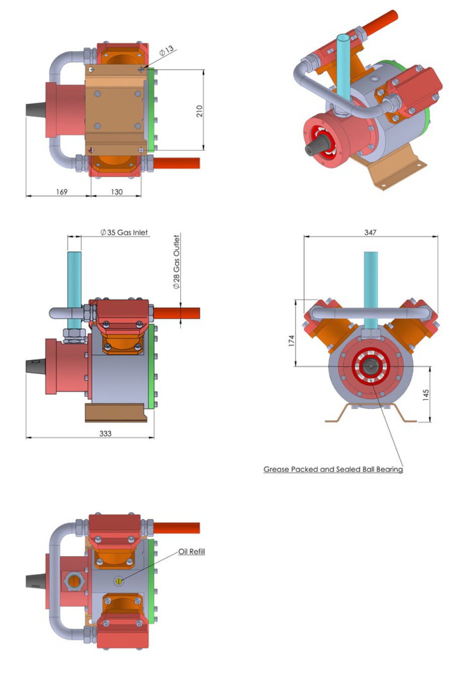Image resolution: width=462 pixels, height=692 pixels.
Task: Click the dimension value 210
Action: click(x=199, y=111)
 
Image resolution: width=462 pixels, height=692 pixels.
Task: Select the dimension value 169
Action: click(x=62, y=192)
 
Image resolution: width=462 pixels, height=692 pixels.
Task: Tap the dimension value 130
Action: click(x=117, y=192)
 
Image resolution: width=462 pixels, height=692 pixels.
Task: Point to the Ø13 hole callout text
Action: click(x=167, y=51)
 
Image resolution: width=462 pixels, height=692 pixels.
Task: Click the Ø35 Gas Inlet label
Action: click(x=124, y=233)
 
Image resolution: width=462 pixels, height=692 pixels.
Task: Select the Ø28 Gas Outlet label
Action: click(x=176, y=262)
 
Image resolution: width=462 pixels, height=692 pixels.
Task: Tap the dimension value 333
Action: click(x=105, y=433)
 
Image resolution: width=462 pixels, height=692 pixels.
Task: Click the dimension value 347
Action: click(x=370, y=232)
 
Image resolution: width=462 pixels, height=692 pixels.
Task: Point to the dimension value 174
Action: click(x=292, y=341)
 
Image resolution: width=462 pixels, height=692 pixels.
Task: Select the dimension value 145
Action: click(x=426, y=395)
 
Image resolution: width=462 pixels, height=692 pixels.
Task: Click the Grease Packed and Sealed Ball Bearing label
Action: click(x=333, y=469)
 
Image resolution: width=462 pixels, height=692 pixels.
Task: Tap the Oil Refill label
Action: click(x=192, y=552)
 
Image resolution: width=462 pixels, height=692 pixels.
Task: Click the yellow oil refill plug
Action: click(x=119, y=581)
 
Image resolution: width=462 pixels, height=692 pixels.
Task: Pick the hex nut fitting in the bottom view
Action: click(x=73, y=581)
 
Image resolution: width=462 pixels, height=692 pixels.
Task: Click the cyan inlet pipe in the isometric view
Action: click(x=343, y=65)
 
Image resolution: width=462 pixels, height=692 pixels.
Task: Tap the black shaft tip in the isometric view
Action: click(x=311, y=149)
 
